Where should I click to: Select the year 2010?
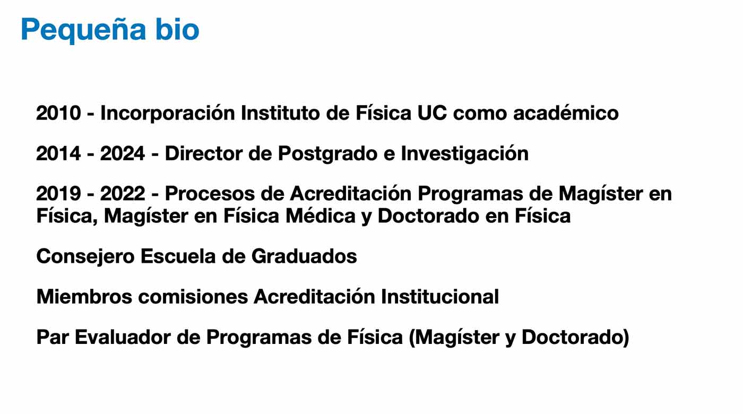[58, 113]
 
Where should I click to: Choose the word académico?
[566, 113]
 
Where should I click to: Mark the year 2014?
[58, 153]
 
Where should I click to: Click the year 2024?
[123, 153]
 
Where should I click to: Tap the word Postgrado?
[328, 154]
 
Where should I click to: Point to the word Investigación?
[465, 154]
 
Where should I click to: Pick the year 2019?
[58, 193]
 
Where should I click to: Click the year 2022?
[123, 193]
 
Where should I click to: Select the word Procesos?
[210, 193]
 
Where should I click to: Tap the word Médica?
[321, 215]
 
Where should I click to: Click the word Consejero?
[85, 257]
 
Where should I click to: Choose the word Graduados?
[304, 256]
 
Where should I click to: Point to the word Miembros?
[84, 296]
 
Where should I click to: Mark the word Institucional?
[440, 296]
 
